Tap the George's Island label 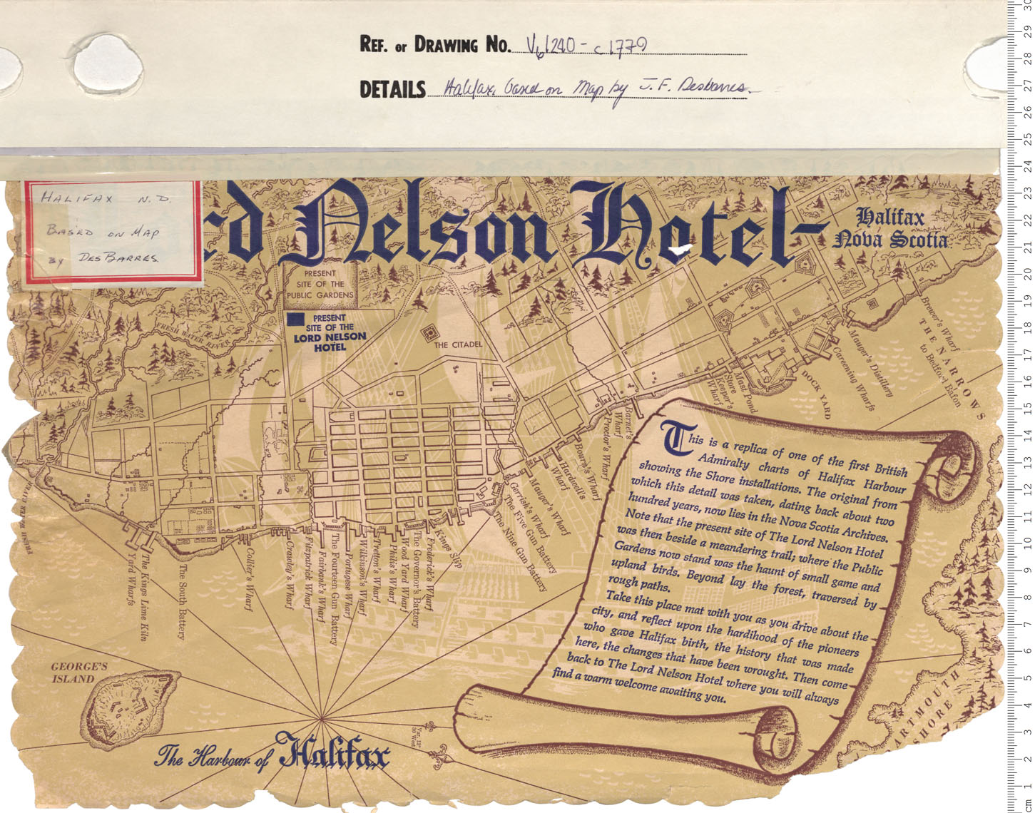point(78,673)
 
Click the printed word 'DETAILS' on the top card point(392,90)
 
